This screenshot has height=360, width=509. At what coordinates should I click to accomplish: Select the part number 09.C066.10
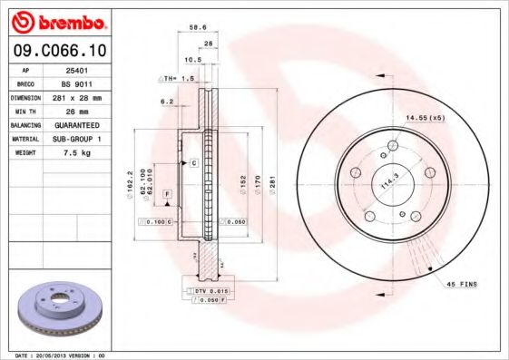click(x=57, y=50)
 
